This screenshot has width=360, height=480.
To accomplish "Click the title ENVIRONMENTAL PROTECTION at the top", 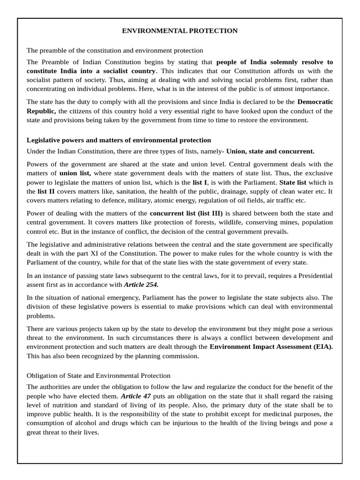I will [180, 31].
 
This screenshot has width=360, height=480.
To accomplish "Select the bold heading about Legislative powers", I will [119, 140].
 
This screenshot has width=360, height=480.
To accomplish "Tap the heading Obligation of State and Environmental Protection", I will [98, 376].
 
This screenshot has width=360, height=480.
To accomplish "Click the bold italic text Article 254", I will [141, 285].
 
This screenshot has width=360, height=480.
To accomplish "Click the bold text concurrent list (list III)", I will [186, 213].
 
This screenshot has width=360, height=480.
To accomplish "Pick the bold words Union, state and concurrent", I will [270, 151].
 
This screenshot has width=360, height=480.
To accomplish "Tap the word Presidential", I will [310, 276].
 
